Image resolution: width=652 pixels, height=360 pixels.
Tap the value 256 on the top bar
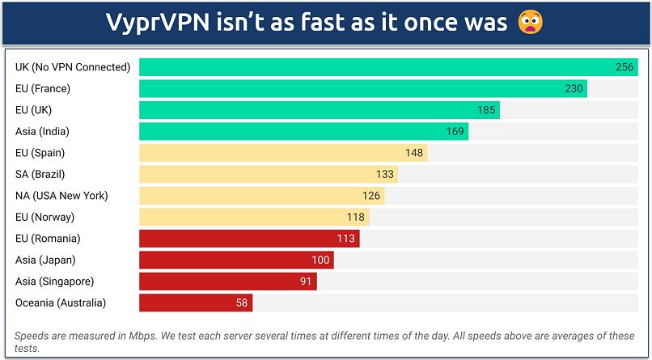pos(624,67)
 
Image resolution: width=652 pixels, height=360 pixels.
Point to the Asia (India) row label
pos(42,131)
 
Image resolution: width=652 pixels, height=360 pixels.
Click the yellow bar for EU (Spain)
pos(282,153)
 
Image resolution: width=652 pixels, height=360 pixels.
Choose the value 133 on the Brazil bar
pos(384,174)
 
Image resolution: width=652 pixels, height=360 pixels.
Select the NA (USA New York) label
pos(61,196)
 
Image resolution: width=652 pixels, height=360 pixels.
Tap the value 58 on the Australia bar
pos(242,303)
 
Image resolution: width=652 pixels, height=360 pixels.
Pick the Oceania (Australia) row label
pos(61,303)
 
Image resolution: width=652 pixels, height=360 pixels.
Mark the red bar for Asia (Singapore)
pos(227,282)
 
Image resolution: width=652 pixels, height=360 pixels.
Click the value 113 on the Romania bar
pos(346,239)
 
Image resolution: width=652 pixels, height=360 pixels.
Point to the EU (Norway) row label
pos(44,217)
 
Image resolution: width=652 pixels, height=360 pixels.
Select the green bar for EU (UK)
pos(319,110)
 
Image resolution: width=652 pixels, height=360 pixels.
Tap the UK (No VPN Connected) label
pos(73,67)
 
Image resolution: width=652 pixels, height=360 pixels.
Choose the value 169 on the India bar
pos(455,131)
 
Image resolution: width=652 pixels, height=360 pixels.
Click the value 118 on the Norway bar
pos(356,217)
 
